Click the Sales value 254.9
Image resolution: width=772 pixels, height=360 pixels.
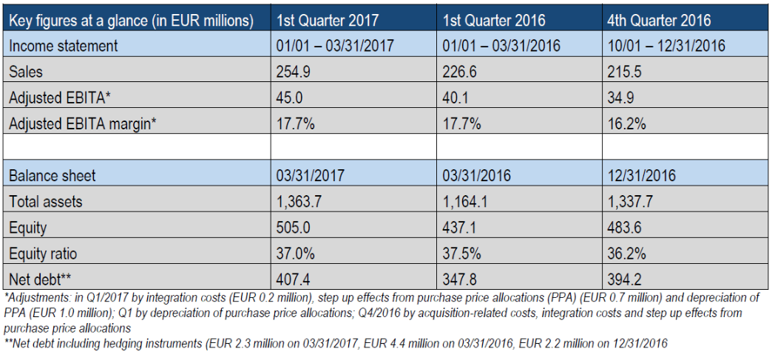294,72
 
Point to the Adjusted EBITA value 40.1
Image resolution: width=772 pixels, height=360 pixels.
458,98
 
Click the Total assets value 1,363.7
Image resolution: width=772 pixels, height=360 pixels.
300,202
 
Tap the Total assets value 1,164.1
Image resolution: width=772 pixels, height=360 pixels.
467,202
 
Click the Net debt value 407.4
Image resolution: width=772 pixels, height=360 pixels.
294,279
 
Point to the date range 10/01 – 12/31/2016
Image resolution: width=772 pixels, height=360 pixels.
666,46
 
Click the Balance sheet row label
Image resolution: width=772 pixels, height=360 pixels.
53,176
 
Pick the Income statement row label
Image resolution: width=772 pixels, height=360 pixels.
63,46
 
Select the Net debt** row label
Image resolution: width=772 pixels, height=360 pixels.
40,279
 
